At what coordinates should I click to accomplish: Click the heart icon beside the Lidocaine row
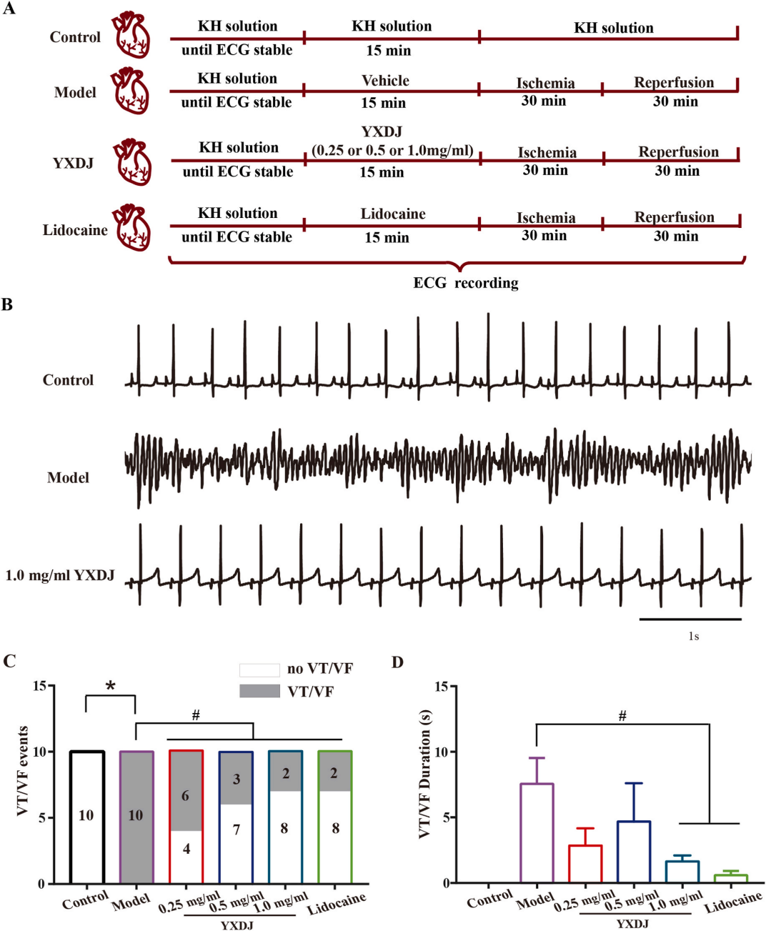click(x=132, y=228)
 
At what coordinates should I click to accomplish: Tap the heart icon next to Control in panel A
click(x=131, y=35)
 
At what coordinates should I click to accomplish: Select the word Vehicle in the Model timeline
click(x=385, y=81)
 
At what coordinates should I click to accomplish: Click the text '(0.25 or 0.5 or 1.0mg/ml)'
click(x=392, y=151)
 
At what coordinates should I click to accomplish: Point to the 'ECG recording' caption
click(x=466, y=283)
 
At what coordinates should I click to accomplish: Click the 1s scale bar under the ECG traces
click(x=690, y=619)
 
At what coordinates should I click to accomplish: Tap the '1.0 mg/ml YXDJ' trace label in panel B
click(x=60, y=576)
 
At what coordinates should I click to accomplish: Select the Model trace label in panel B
click(x=68, y=477)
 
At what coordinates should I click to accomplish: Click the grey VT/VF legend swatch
click(x=259, y=691)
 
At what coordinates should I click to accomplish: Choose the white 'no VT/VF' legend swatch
click(x=259, y=670)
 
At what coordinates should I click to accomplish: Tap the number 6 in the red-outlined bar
click(x=186, y=796)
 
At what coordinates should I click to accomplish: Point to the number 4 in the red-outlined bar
click(x=186, y=848)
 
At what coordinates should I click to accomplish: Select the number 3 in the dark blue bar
click(x=237, y=779)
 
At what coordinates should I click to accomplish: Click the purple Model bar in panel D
click(x=537, y=833)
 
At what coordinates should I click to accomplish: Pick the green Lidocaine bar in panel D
click(x=731, y=878)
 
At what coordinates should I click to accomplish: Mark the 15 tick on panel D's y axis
click(x=452, y=686)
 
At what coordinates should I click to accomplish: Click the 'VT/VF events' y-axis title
click(x=23, y=777)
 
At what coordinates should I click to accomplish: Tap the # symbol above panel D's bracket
click(x=622, y=716)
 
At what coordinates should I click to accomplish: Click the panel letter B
click(x=7, y=305)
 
